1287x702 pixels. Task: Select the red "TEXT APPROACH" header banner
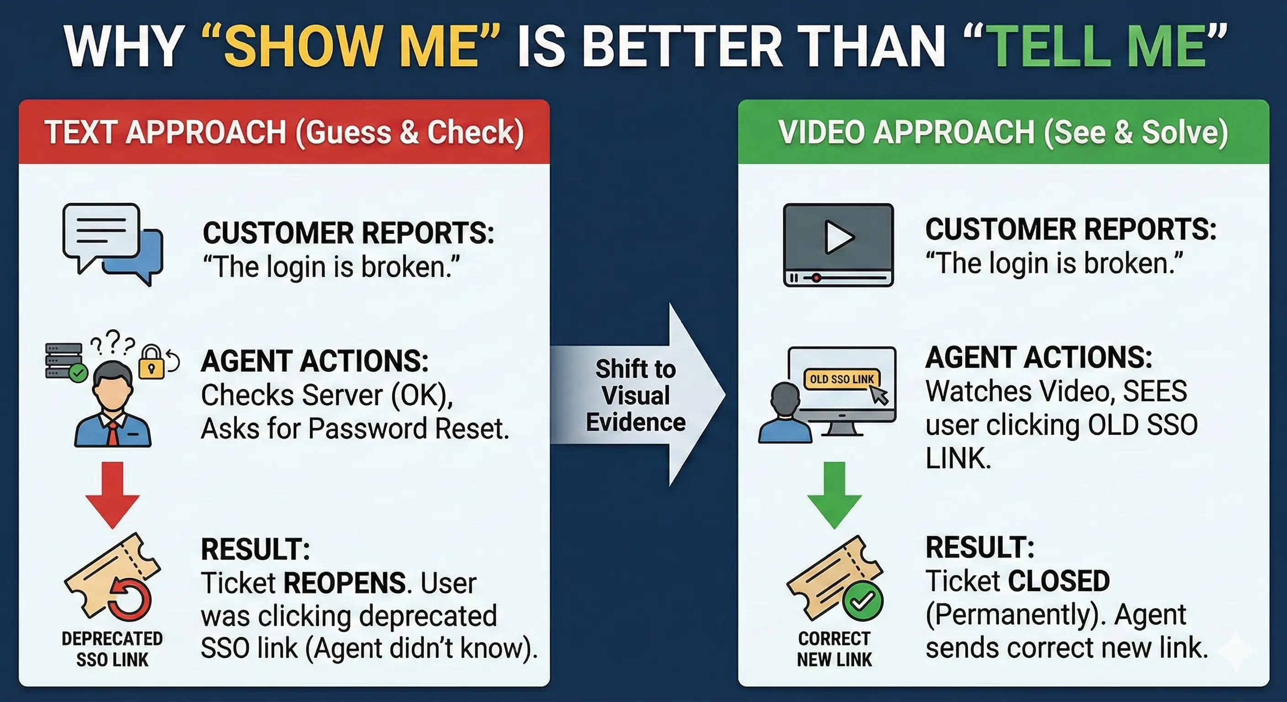284,132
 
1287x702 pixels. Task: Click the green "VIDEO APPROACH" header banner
1003,132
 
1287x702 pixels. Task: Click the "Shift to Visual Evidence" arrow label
636,395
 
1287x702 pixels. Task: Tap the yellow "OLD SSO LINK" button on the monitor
841,379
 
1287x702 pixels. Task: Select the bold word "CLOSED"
1058,580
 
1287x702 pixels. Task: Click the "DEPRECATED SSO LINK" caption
112,649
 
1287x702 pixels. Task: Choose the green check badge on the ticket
862,601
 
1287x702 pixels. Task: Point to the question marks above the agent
113,342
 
